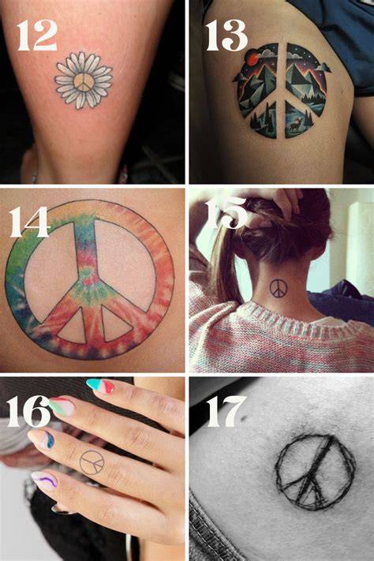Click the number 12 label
click(x=36, y=35)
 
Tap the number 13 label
click(x=226, y=35)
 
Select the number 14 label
click(x=29, y=223)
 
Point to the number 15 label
click(x=226, y=212)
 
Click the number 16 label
click(x=28, y=411)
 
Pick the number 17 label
click(x=226, y=411)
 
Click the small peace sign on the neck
click(x=278, y=288)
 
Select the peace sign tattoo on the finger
click(x=92, y=462)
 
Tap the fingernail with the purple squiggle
click(x=44, y=481)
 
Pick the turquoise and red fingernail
click(x=100, y=387)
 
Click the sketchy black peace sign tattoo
click(x=316, y=472)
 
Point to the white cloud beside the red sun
click(x=264, y=53)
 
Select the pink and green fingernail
click(x=62, y=407)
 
